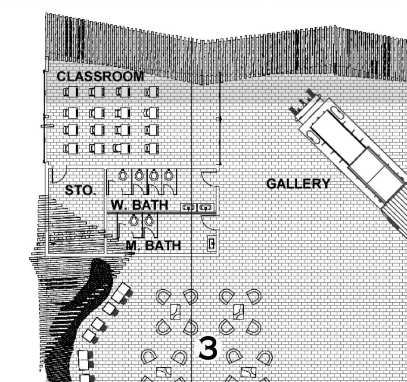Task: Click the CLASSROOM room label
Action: (100, 76)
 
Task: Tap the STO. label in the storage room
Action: (80, 190)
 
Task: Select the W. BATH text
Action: (140, 205)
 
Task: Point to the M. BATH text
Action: (153, 245)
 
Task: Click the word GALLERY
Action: (298, 184)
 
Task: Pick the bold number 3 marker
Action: (208, 349)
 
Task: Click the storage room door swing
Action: (58, 176)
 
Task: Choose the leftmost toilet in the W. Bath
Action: (123, 175)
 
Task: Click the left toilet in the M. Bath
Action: (134, 220)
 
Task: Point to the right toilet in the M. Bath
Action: (149, 220)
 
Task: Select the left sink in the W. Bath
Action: (188, 207)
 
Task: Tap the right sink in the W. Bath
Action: (207, 207)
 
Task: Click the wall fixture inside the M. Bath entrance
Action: (211, 244)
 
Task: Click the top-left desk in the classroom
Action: (70, 92)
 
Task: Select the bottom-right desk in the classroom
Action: (152, 148)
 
